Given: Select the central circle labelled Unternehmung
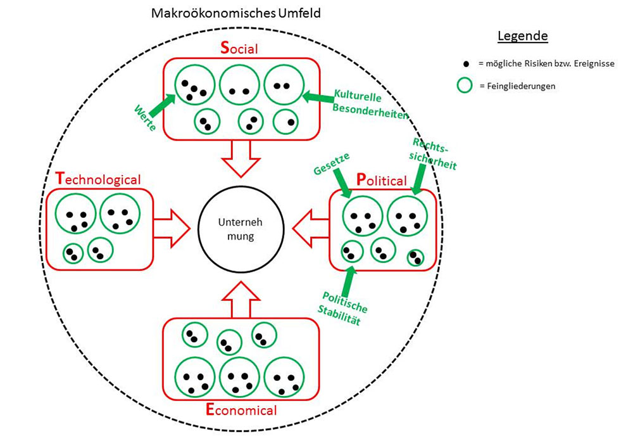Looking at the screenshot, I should click(x=235, y=230).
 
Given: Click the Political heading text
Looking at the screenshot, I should click(x=381, y=180).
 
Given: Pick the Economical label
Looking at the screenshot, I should click(x=241, y=409).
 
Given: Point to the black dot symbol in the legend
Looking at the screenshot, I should click(x=466, y=65).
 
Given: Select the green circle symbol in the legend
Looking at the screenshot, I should click(x=466, y=86).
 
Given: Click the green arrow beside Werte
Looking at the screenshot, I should click(x=163, y=102).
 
